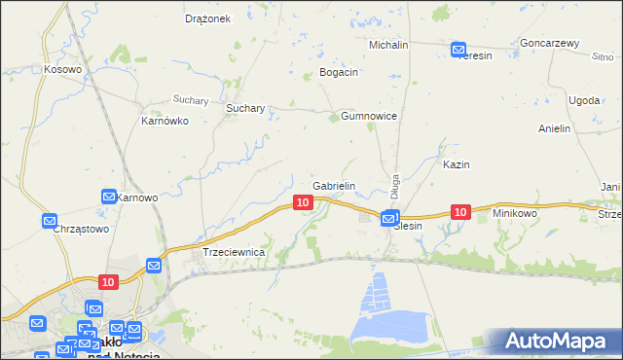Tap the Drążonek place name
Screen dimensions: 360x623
tap(207, 18)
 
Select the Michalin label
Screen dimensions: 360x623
tap(388, 45)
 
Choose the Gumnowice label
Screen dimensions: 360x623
tap(368, 116)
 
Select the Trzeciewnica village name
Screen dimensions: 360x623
tap(234, 252)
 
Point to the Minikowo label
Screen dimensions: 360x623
tap(515, 212)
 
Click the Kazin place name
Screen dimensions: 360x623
tap(457, 164)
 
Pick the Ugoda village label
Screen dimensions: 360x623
tap(584, 100)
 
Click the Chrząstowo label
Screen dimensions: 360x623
tap(81, 229)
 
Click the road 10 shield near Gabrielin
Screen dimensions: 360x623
tap(303, 201)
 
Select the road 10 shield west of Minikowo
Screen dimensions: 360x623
tap(460, 211)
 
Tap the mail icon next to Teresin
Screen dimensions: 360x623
tap(458, 49)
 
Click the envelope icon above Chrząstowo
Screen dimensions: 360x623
tap(50, 221)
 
